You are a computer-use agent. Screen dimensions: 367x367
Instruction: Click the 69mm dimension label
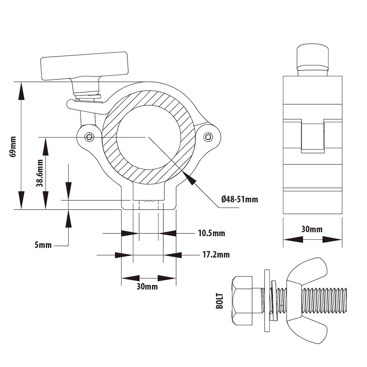(x=13, y=147)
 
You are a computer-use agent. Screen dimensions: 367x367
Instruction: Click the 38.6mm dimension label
(x=40, y=173)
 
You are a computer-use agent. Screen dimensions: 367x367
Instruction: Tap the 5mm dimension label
(x=43, y=245)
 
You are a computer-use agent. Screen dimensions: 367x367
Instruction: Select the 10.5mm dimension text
(x=212, y=233)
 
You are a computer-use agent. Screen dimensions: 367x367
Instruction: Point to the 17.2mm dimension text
(x=216, y=254)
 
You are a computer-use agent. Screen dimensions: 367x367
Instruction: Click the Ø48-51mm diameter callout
(x=240, y=199)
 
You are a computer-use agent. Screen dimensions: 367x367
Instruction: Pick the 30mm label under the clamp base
(x=147, y=287)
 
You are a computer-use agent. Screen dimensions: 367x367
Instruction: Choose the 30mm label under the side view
(x=312, y=229)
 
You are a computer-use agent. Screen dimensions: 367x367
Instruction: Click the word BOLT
(x=219, y=301)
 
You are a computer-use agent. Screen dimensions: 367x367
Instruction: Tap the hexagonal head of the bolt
(x=242, y=301)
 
